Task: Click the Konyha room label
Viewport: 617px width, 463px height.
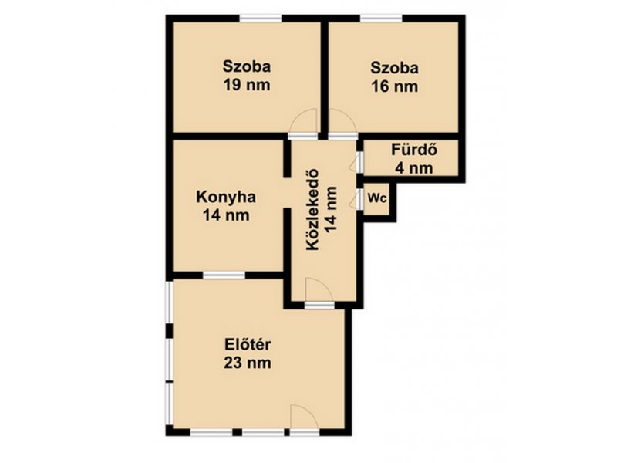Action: [226, 197]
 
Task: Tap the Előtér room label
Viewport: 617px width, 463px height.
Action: [248, 344]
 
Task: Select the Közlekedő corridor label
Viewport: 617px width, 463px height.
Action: [313, 210]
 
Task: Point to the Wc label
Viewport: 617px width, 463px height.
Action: [377, 199]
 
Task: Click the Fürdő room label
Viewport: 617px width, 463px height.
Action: [414, 150]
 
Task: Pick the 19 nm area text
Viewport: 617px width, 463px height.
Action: [247, 85]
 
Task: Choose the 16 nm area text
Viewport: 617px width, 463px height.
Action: [395, 86]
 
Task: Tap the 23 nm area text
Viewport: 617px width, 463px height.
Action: [248, 363]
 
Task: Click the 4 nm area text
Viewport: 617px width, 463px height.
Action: [414, 168]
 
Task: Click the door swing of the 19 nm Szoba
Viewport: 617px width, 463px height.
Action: [303, 122]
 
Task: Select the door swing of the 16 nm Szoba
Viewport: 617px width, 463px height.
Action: [342, 122]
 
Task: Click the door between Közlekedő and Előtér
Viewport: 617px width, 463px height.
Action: [319, 293]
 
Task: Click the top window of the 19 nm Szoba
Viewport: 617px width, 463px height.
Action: [261, 18]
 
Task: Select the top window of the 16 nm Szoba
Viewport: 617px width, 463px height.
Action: [381, 18]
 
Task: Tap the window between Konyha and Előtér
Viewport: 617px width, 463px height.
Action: [224, 275]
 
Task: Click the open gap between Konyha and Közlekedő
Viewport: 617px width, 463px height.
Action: [287, 193]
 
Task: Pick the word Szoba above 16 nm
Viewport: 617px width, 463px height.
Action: [395, 68]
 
